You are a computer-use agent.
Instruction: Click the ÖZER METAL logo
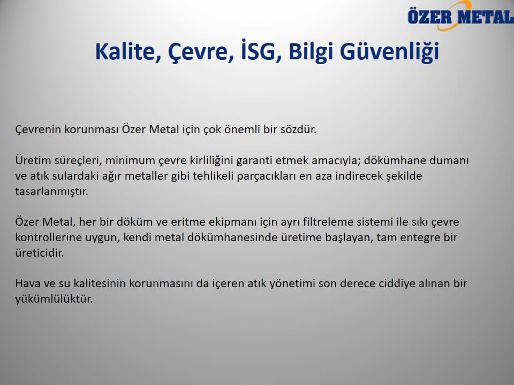click(460, 16)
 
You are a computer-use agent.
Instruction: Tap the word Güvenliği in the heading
click(389, 51)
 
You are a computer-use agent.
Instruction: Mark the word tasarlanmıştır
click(51, 191)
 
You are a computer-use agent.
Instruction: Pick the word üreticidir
click(39, 253)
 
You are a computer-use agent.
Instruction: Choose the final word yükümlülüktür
click(54, 299)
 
